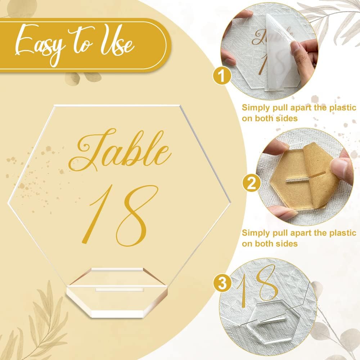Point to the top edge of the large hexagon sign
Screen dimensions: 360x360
pyautogui.click(x=117, y=105)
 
